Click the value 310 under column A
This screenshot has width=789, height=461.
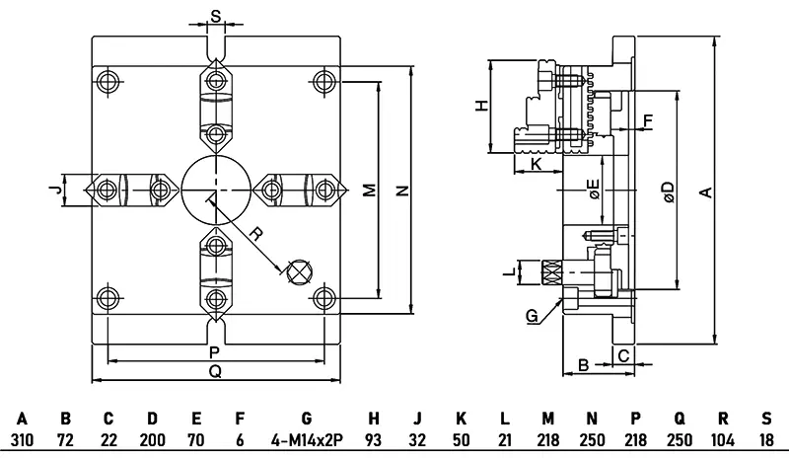click(x=22, y=438)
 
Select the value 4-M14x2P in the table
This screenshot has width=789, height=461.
click(x=306, y=438)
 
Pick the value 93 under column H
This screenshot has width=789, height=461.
click(x=374, y=438)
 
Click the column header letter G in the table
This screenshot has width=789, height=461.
click(x=306, y=418)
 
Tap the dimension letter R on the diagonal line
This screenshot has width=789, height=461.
click(x=254, y=235)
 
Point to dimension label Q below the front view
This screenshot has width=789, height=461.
click(x=215, y=371)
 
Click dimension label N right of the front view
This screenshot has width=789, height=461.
click(x=401, y=192)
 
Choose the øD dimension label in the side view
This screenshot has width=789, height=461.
click(x=668, y=191)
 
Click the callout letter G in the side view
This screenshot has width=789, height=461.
click(x=532, y=316)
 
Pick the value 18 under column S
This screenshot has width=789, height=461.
click(x=766, y=438)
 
